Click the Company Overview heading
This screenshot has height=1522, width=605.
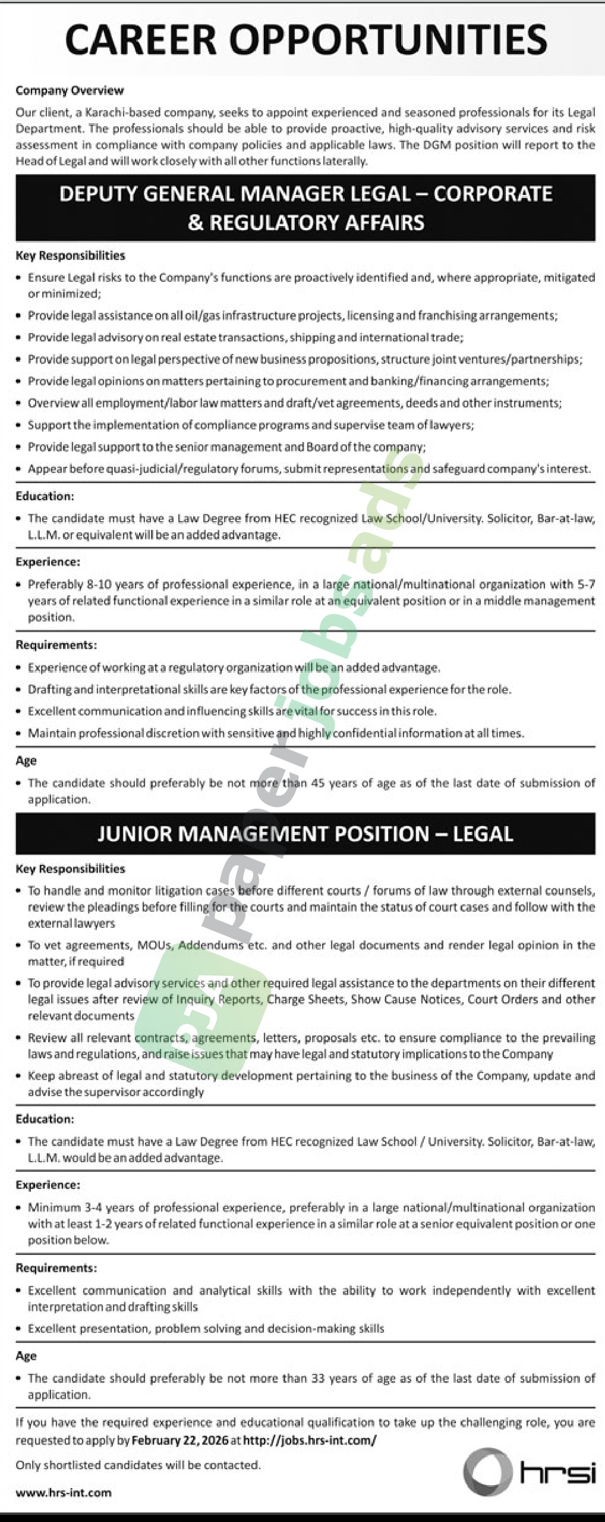point(70,90)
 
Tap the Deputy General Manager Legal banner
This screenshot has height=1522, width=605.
point(305,208)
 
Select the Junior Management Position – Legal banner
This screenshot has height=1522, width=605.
point(305,833)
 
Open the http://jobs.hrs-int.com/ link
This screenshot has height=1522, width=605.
point(310,1440)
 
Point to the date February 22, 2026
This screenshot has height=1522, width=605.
point(179,1440)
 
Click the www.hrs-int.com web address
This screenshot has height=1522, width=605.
point(64,1492)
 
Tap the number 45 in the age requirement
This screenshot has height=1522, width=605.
point(318,783)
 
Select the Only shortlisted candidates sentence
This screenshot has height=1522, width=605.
point(138,1465)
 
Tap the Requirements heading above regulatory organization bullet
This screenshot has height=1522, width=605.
point(56,645)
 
